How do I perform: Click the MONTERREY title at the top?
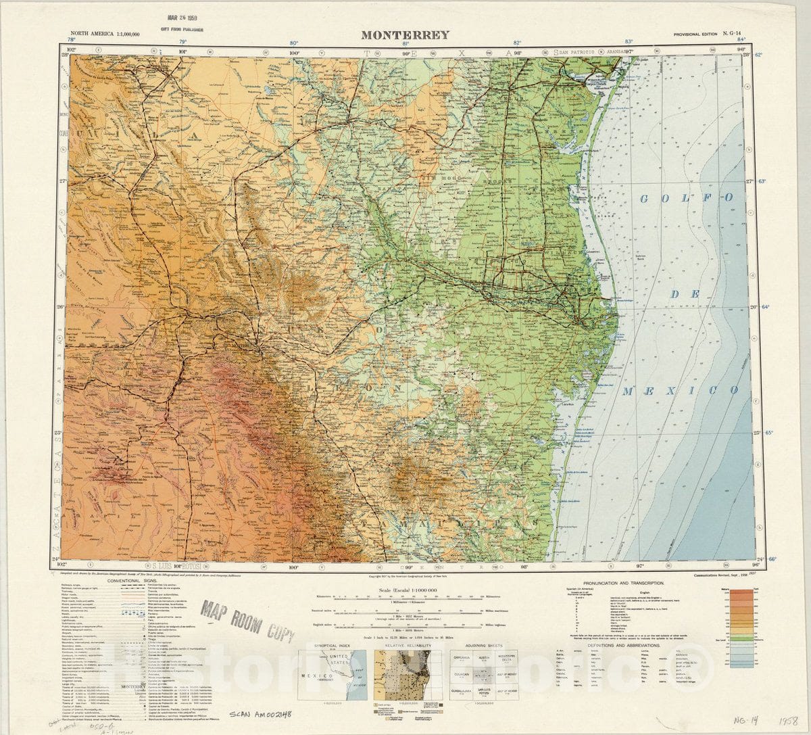(404, 35)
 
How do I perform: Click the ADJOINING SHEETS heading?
(484, 646)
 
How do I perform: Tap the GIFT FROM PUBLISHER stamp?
(183, 30)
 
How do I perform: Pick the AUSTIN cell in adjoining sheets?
(484, 657)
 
